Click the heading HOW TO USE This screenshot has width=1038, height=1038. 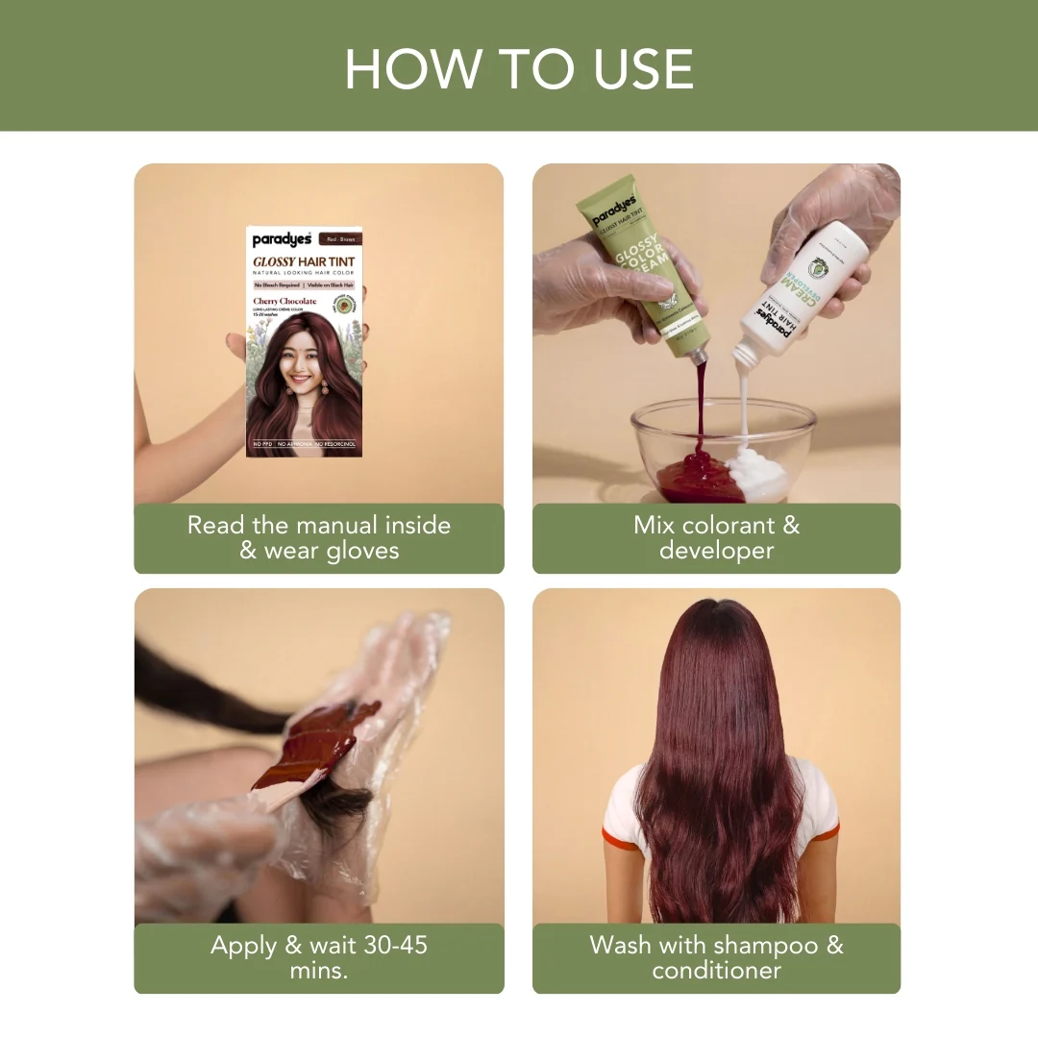pyautogui.click(x=519, y=69)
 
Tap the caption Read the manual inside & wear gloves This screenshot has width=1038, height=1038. pyautogui.click(x=318, y=538)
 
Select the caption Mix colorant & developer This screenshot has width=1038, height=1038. pyautogui.click(x=716, y=538)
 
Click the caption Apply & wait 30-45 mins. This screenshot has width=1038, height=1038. pyautogui.click(x=318, y=957)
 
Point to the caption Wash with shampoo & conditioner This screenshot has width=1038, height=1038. pyautogui.click(x=716, y=957)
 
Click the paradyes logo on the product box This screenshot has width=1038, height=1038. pyautogui.click(x=282, y=240)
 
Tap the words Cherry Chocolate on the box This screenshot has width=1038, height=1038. pyautogui.click(x=284, y=301)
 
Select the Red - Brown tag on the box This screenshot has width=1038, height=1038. pyautogui.click(x=343, y=239)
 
